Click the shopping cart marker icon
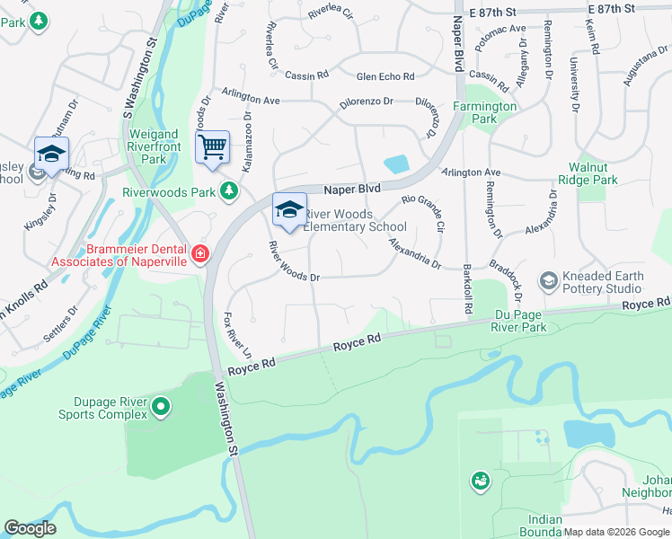pyautogui.click(x=212, y=146)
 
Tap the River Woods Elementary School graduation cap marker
pyautogui.click(x=290, y=210)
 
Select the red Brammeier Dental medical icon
pyautogui.click(x=199, y=254)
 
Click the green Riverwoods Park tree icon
pyautogui.click(x=229, y=190)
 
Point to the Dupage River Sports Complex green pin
pyautogui.click(x=161, y=407)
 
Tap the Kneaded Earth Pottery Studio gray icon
pyautogui.click(x=547, y=282)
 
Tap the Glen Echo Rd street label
pyautogui.click(x=385, y=77)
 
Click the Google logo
pyautogui.click(x=30, y=528)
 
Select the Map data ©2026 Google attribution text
pyautogui.click(x=616, y=532)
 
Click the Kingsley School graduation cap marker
pyautogui.click(x=51, y=155)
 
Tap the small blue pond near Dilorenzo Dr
pyautogui.click(x=395, y=164)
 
